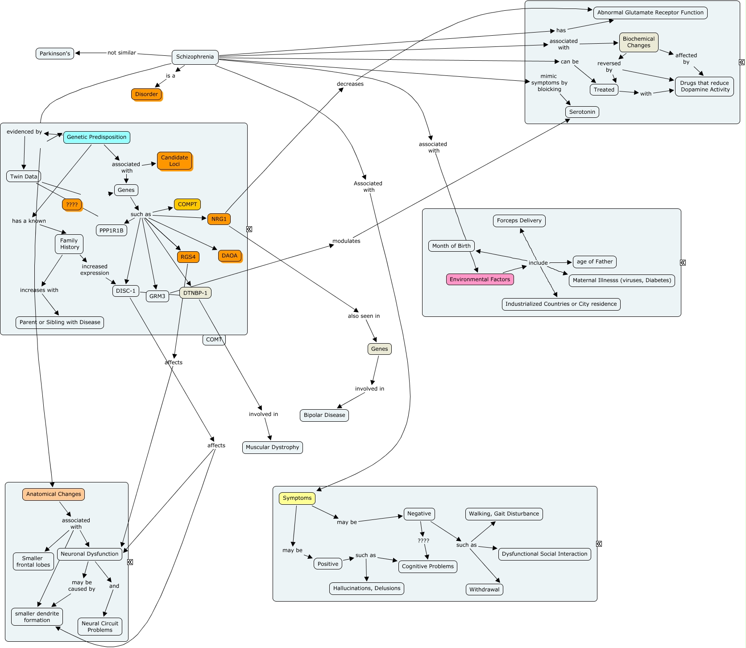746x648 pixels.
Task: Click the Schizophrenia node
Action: pos(195,57)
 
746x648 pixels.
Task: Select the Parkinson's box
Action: pos(55,54)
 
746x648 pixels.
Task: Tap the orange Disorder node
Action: pos(146,94)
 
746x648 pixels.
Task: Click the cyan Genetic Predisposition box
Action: pos(97,137)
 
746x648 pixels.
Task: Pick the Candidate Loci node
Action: pos(174,161)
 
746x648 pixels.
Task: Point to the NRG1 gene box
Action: pos(219,219)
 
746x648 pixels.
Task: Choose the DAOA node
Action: pos(230,256)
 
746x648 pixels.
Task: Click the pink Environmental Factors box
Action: pos(480,279)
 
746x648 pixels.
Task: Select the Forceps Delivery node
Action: pos(519,220)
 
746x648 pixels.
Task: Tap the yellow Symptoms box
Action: pos(297,498)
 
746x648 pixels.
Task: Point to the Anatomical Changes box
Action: pos(54,494)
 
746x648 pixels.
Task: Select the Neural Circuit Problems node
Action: pos(100,627)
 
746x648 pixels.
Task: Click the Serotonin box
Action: pos(582,112)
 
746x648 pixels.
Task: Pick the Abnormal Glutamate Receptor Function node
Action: pos(650,12)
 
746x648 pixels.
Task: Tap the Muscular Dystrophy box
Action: pos(273,447)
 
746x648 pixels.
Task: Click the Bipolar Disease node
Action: pos(324,415)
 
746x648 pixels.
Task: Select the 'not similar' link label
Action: pos(122,53)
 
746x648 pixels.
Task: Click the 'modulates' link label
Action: pos(346,241)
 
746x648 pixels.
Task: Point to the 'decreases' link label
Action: pos(350,84)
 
